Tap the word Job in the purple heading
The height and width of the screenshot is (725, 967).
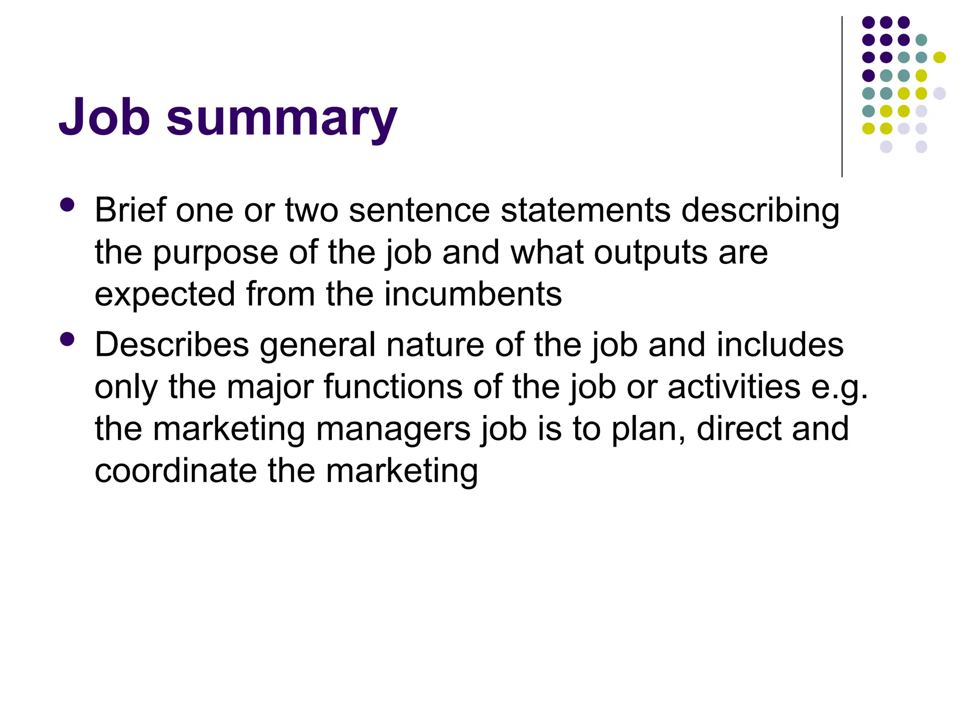tap(104, 117)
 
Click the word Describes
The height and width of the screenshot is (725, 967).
tap(172, 345)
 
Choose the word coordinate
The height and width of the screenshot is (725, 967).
tap(176, 471)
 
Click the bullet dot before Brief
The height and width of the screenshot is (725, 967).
tap(68, 205)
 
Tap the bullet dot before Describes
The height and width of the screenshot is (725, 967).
tap(68, 340)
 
